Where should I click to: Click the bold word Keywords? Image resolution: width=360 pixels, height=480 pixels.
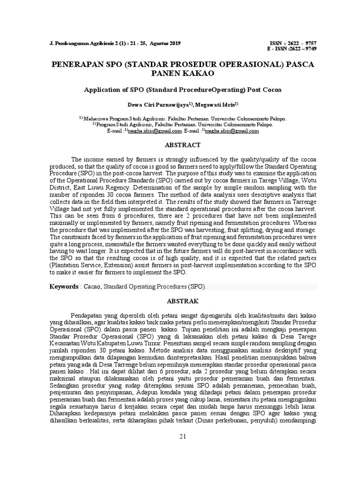point(64,286)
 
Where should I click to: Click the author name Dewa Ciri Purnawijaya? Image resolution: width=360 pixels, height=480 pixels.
point(158,104)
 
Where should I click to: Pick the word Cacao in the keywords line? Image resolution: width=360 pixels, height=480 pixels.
point(92,286)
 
